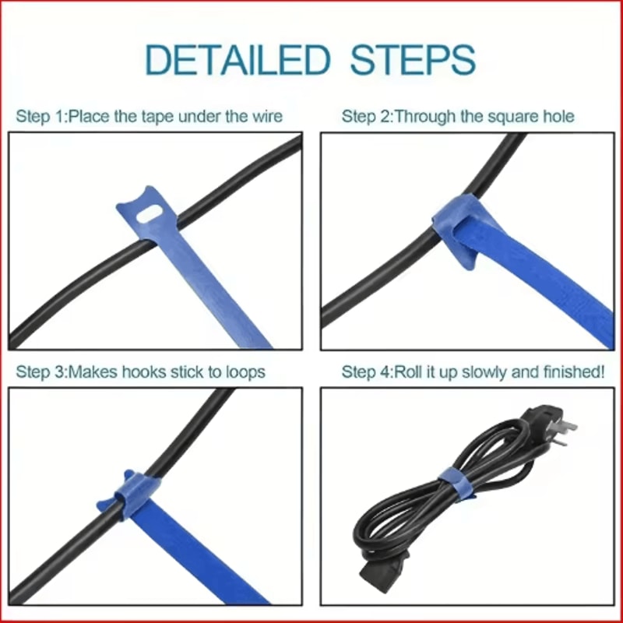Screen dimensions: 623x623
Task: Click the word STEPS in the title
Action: pyautogui.click(x=413, y=60)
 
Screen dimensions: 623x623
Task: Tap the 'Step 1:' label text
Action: pyautogui.click(x=41, y=117)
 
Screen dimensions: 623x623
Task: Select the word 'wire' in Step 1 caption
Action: pyautogui.click(x=266, y=117)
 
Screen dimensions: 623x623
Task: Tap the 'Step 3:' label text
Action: pyautogui.click(x=41, y=372)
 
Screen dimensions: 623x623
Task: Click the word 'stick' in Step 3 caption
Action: pyautogui.click(x=185, y=372)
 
